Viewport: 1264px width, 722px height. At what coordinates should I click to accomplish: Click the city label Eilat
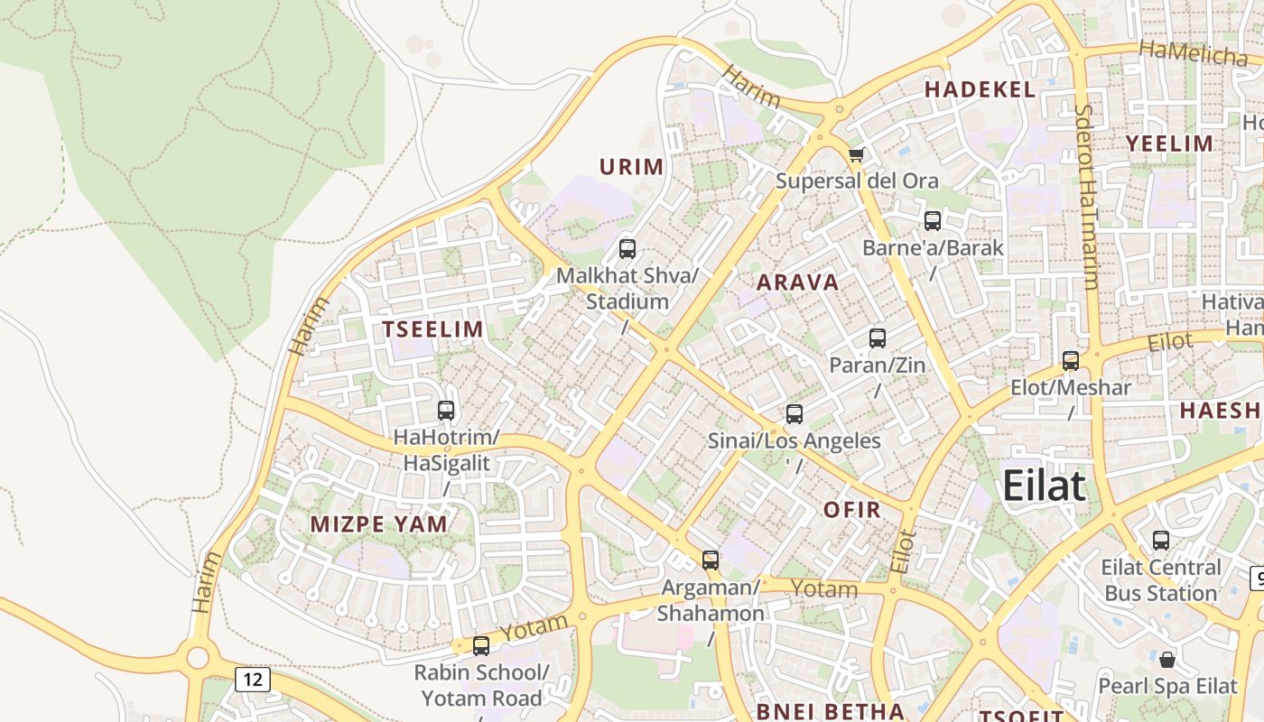pyautogui.click(x=1044, y=486)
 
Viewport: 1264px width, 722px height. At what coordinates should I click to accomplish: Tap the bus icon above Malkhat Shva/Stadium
pyautogui.click(x=627, y=249)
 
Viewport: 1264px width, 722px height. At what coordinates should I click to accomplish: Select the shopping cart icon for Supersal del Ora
pyautogui.click(x=856, y=154)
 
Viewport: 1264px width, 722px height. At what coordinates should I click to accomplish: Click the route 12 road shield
pyautogui.click(x=252, y=679)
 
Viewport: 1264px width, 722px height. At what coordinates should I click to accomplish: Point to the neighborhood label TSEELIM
pyautogui.click(x=433, y=329)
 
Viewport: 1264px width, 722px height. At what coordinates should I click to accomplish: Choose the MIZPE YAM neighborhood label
pyautogui.click(x=379, y=524)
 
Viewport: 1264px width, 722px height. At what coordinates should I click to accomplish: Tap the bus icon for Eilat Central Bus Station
pyautogui.click(x=1161, y=541)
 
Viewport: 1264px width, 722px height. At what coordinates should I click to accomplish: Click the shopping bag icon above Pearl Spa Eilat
pyautogui.click(x=1167, y=659)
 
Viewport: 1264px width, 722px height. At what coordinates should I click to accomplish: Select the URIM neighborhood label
pyautogui.click(x=632, y=167)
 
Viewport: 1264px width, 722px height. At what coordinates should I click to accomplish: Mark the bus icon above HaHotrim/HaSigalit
pyautogui.click(x=446, y=411)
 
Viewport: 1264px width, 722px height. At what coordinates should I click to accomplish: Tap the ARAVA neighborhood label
pyautogui.click(x=798, y=282)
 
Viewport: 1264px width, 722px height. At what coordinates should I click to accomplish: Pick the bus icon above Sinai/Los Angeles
pyautogui.click(x=795, y=414)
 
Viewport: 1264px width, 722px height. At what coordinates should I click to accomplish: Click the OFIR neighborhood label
pyautogui.click(x=851, y=510)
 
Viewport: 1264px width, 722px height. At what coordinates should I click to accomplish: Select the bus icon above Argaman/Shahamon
pyautogui.click(x=711, y=560)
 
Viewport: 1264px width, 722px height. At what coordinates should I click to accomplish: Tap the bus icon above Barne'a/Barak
pyautogui.click(x=933, y=220)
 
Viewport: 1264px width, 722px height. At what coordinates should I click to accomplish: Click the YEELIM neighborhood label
pyautogui.click(x=1169, y=143)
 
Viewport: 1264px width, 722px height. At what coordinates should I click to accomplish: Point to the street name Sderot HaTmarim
pyautogui.click(x=1086, y=196)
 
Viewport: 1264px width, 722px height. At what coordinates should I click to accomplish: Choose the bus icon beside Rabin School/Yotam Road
pyautogui.click(x=481, y=646)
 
